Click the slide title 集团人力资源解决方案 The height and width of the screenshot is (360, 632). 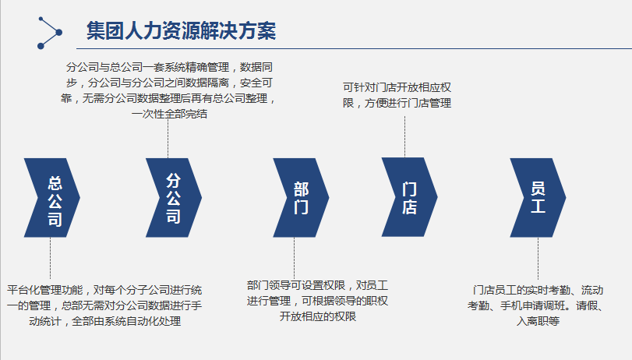click(x=181, y=31)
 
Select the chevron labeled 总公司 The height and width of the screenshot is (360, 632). click(x=52, y=198)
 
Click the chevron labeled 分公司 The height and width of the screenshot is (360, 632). click(x=174, y=198)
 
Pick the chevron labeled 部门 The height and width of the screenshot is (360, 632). click(x=301, y=198)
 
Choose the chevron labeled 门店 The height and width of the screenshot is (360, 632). click(x=409, y=197)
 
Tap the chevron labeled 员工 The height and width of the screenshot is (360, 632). click(x=538, y=198)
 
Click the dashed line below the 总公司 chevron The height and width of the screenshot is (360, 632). click(x=50, y=258)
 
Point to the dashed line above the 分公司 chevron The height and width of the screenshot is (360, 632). click(x=168, y=139)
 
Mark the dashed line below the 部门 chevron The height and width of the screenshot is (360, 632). click(x=294, y=257)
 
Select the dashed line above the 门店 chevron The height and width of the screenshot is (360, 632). click(x=404, y=137)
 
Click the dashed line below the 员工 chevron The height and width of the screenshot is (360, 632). click(x=538, y=258)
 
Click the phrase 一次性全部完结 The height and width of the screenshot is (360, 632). click(x=169, y=114)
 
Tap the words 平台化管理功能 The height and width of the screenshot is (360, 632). click(x=44, y=290)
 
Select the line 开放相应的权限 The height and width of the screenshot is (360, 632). click(x=318, y=316)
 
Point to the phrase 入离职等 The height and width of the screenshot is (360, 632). click(x=538, y=321)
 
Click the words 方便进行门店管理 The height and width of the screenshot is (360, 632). click(x=408, y=103)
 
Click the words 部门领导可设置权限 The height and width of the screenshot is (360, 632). click(x=296, y=285)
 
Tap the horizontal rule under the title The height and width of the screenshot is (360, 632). click(x=355, y=49)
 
